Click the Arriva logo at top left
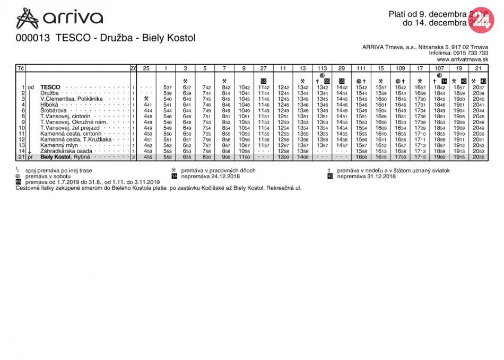(59, 18)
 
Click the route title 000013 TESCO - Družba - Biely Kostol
(106, 38)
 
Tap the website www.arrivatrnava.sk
(462, 59)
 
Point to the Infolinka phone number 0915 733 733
(470, 53)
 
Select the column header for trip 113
(322, 68)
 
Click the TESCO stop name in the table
(50, 87)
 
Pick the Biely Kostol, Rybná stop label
(66, 157)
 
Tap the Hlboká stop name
(49, 104)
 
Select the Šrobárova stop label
(53, 110)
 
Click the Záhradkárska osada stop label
(66, 151)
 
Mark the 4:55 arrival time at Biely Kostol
(148, 157)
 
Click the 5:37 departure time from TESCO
(167, 87)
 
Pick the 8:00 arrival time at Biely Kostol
(206, 157)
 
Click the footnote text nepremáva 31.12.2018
(366, 176)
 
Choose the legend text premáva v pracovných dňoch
(218, 170)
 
